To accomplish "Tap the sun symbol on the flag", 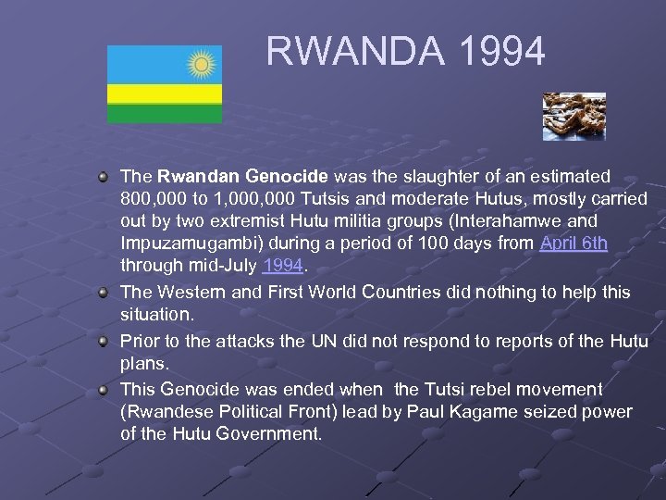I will (x=201, y=64).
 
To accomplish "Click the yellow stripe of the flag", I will (x=165, y=94).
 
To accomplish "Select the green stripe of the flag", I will (x=165, y=113).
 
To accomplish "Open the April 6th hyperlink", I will (x=573, y=244).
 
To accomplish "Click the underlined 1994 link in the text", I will (x=283, y=266).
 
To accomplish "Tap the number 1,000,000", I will (x=237, y=199).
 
